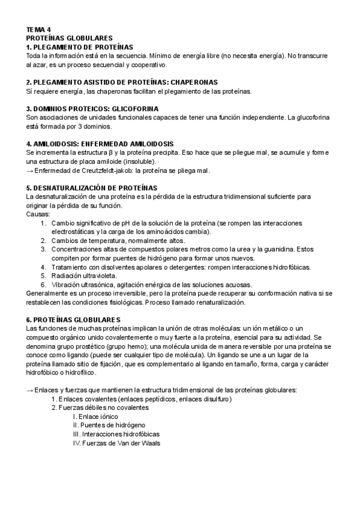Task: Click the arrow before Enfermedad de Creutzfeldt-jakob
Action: tap(31, 171)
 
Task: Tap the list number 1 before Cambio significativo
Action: tap(44, 223)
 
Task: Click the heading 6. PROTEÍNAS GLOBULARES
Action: tap(74, 320)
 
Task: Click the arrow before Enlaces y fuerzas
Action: tap(31, 390)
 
